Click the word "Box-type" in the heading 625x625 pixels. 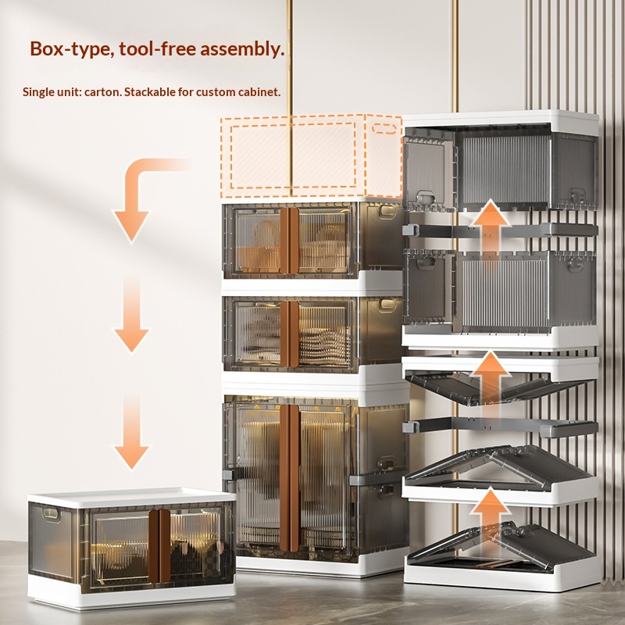[x=70, y=49]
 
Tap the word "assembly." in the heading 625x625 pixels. [x=242, y=49]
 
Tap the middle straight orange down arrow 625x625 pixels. [x=131, y=315]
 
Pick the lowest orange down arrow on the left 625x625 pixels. [x=131, y=433]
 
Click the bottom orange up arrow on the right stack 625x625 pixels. [x=490, y=518]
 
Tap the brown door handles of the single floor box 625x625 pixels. [x=160, y=545]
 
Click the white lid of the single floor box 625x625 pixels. [x=131, y=497]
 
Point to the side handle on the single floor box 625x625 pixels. [x=51, y=513]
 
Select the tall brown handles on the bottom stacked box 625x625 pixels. [x=290, y=477]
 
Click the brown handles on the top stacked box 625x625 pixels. [x=289, y=241]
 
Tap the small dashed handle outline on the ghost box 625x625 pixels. [x=384, y=128]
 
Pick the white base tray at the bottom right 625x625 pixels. [x=502, y=574]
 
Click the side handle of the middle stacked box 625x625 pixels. [x=387, y=305]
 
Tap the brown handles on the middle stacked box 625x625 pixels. [x=289, y=334]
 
